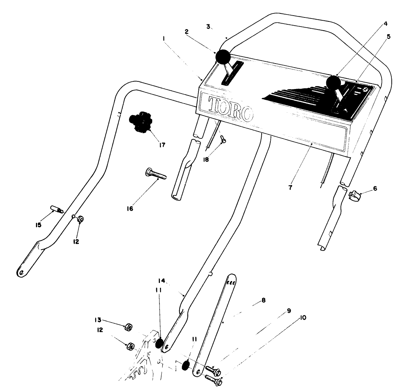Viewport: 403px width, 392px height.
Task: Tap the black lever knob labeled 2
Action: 223,57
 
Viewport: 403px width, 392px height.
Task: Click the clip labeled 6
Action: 355,195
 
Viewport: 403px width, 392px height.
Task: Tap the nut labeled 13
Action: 128,327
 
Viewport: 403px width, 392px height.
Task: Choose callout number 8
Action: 263,300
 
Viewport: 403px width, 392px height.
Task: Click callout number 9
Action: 289,311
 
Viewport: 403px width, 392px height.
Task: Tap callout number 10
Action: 303,318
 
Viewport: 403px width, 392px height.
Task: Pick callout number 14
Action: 162,281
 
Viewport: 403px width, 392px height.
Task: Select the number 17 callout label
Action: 162,145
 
